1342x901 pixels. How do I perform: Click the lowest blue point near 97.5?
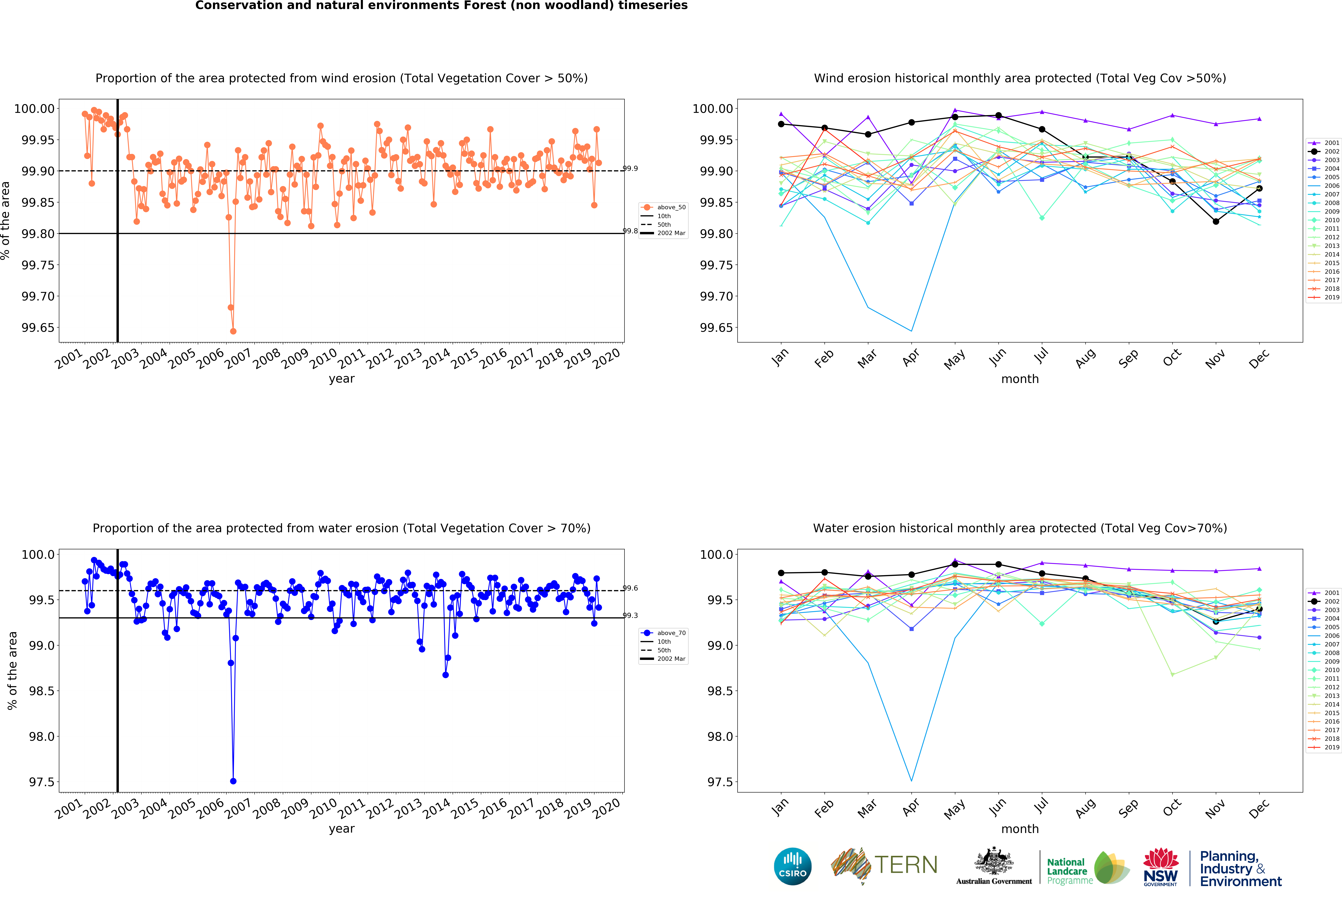233,781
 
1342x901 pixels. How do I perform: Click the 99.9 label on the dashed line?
630,168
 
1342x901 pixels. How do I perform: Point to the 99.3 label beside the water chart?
630,615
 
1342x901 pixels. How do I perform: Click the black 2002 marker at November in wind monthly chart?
1216,221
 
